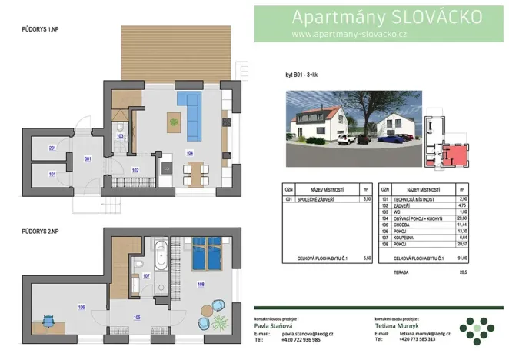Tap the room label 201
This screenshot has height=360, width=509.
pyautogui.click(x=52, y=148)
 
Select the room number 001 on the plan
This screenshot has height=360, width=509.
pyautogui.click(x=88, y=159)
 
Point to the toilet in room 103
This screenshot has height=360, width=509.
pyautogui.click(x=121, y=128)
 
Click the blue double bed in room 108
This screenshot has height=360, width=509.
pyautogui.click(x=206, y=255)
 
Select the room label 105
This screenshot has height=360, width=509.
pyautogui.click(x=136, y=317)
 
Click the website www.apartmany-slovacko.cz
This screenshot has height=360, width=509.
pyautogui.click(x=350, y=35)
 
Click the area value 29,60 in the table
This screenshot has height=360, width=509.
pyautogui.click(x=462, y=218)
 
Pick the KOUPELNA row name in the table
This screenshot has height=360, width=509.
pyautogui.click(x=405, y=238)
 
